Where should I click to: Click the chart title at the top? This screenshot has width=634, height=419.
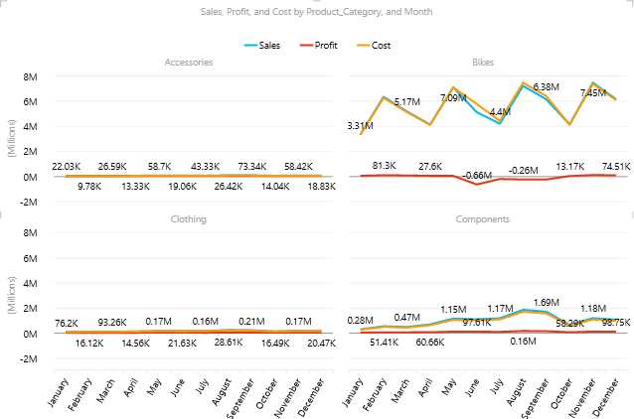(316, 11)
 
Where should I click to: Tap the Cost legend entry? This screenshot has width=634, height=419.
(374, 45)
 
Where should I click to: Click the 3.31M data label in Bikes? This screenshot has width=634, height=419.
(361, 126)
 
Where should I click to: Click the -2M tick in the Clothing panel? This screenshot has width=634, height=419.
(30, 358)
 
